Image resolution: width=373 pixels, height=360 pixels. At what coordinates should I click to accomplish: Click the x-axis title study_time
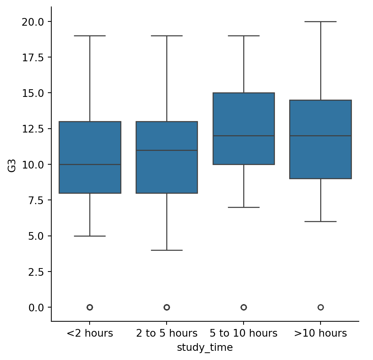coord(205,347)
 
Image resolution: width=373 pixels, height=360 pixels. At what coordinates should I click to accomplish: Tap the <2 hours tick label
coord(90,333)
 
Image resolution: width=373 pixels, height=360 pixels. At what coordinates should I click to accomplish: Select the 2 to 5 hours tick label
coord(167,333)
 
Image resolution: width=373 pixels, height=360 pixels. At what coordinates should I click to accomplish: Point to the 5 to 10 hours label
coord(244,333)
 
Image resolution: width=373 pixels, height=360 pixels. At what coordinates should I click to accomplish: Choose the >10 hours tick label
coord(321,333)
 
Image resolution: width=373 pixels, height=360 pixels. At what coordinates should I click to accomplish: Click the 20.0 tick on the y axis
coord(36,21)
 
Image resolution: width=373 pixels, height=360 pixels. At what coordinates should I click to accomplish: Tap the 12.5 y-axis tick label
coord(36,129)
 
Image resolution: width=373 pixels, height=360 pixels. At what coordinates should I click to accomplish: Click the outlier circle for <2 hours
coord(90,307)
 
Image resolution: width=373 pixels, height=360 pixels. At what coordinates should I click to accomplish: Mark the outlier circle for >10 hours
coord(321,307)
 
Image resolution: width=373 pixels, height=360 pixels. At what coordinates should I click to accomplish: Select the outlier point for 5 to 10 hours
coord(244,307)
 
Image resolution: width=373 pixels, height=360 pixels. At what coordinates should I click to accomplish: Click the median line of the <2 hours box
coord(90,164)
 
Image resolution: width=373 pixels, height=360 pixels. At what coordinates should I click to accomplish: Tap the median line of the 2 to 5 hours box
coord(167,150)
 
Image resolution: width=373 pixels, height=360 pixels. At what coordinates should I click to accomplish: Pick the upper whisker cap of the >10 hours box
coord(321,21)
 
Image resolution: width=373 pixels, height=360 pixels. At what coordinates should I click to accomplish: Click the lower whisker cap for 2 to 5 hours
coord(167,250)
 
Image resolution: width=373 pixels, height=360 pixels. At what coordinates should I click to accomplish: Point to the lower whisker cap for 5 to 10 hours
coord(244,207)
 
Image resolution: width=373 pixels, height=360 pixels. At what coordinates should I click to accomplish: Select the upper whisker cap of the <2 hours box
coord(90,36)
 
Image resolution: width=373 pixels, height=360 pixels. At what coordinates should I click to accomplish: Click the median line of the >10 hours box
coord(321,136)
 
